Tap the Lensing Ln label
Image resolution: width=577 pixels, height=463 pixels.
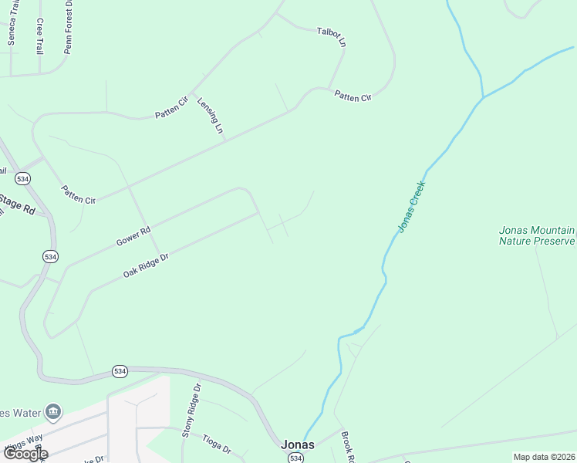(x=210, y=117)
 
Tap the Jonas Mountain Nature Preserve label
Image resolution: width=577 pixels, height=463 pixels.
(x=537, y=235)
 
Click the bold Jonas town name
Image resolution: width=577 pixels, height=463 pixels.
(x=297, y=445)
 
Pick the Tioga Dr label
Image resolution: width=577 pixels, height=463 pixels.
(x=215, y=445)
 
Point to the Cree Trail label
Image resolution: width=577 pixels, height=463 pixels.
(x=39, y=35)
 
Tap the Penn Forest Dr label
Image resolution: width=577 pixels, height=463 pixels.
(x=69, y=19)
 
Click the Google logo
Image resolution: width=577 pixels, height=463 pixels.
(x=25, y=454)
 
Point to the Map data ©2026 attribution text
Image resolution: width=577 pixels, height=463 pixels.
(x=544, y=457)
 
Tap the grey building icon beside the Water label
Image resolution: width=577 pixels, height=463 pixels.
(x=52, y=411)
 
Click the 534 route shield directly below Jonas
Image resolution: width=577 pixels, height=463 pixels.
(x=295, y=458)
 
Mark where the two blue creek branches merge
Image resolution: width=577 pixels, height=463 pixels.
(x=483, y=97)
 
